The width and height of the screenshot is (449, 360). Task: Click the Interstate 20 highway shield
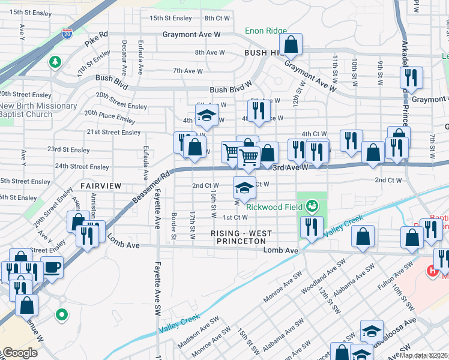68,34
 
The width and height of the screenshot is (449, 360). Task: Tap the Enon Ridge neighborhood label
267,31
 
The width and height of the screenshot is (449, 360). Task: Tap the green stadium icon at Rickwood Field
311,207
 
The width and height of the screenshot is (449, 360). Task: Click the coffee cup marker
52,266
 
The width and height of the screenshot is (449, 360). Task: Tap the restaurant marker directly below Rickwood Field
311,227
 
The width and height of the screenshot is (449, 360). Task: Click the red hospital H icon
431,271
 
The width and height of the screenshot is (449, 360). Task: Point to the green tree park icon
55,62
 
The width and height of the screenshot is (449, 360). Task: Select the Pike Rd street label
95,39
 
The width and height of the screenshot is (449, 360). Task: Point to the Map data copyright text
424,355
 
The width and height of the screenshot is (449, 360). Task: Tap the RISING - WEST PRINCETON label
241,237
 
